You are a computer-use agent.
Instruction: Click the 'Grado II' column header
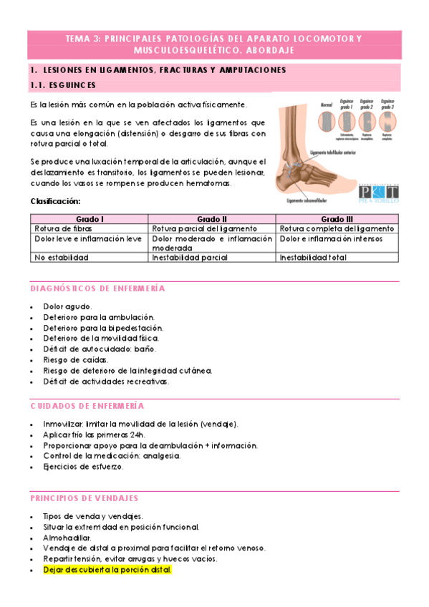(x=213, y=218)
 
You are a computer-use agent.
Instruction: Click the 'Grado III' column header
(x=337, y=218)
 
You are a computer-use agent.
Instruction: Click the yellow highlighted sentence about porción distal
(x=107, y=570)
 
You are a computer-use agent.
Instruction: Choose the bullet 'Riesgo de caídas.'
(x=76, y=360)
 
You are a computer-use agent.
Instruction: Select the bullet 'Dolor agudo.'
(x=67, y=306)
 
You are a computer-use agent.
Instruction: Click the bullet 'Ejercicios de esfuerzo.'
(x=83, y=467)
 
